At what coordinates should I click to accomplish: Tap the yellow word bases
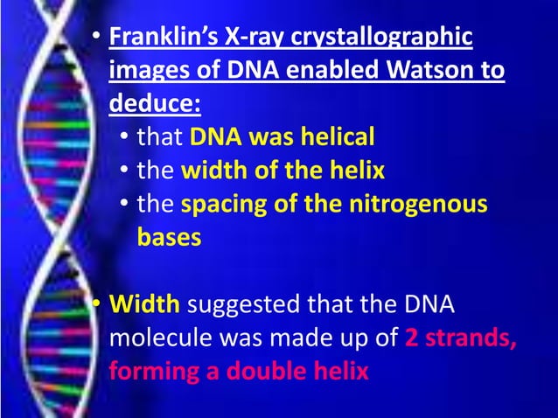click(x=169, y=238)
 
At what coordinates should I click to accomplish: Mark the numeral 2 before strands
click(x=411, y=338)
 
